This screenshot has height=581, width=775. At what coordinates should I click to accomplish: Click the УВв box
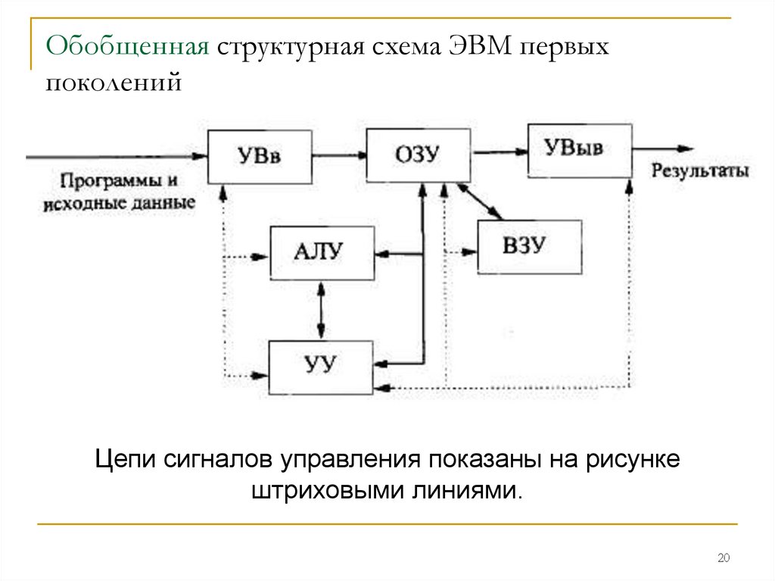[260, 157]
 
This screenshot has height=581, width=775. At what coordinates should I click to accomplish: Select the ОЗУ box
[417, 155]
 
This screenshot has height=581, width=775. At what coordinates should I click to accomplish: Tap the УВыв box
[579, 149]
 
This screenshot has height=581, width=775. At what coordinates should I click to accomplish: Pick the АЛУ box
[322, 252]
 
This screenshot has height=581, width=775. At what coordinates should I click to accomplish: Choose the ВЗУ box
[529, 246]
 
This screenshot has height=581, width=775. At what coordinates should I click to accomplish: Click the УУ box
[322, 367]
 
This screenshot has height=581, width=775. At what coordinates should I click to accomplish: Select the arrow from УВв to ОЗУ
[338, 157]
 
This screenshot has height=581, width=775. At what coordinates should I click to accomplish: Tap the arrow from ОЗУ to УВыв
[498, 151]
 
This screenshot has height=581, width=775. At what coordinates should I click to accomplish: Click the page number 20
[723, 559]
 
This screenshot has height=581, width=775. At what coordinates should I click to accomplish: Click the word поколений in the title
[114, 81]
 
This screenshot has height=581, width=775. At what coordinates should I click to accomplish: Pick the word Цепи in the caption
[123, 459]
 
